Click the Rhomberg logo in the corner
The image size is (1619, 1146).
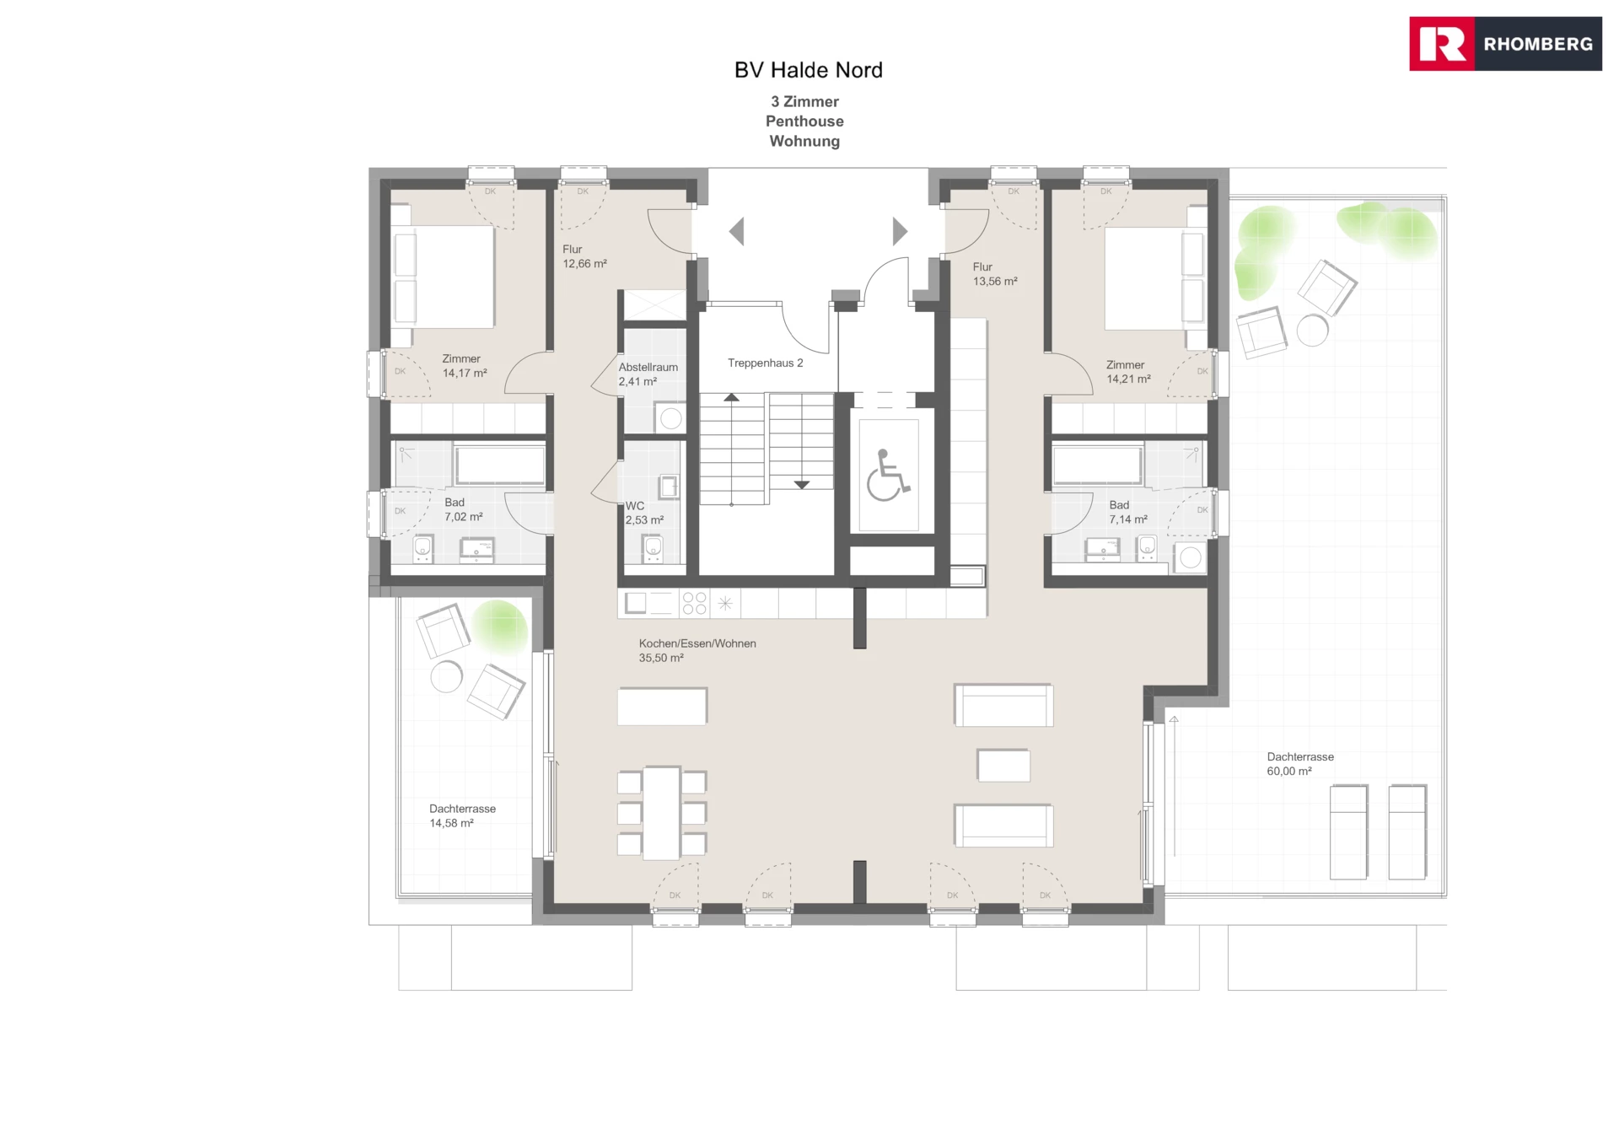[x=1505, y=44]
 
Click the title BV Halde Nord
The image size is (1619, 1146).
[x=809, y=70]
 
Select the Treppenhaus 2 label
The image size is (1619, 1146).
[x=766, y=363]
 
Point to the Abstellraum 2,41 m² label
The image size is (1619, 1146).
[x=648, y=374]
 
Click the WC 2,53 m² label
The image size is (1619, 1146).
[x=644, y=513]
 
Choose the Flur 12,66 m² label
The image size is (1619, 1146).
[x=584, y=256]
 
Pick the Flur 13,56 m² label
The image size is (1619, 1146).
[x=995, y=274]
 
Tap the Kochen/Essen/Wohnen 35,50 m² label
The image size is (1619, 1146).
[x=697, y=650]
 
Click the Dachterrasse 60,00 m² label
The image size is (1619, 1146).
[x=1300, y=764]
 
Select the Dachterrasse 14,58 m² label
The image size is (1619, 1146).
[x=462, y=815]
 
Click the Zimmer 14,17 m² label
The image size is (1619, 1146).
[x=465, y=366]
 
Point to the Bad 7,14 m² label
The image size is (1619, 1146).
[x=1127, y=512]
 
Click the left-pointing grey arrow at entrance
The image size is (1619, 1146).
[x=736, y=231]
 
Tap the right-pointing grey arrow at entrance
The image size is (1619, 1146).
[x=900, y=231]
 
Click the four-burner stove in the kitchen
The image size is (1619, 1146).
[x=694, y=603]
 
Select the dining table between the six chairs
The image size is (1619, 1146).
[x=662, y=813]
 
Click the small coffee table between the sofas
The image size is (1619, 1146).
[x=1003, y=766]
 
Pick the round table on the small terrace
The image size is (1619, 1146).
[x=447, y=676]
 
